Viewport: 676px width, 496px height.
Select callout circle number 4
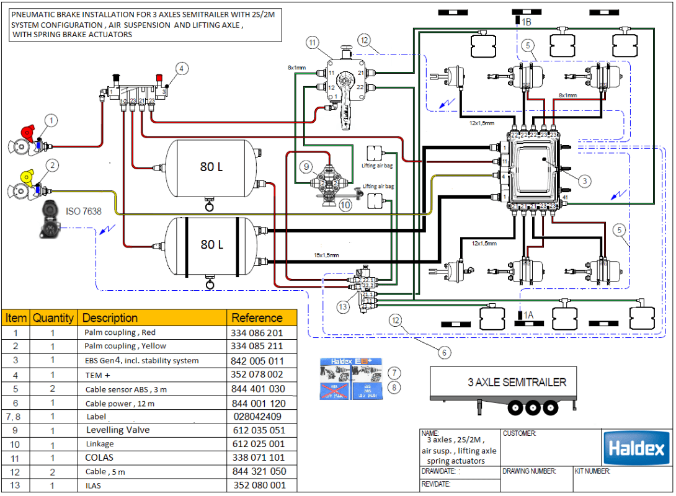[x=181, y=68]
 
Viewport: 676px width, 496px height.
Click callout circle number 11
[x=313, y=42]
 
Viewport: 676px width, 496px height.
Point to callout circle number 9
[x=305, y=166]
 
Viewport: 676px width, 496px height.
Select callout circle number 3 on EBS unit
[x=585, y=181]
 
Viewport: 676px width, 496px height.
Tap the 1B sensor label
[x=525, y=22]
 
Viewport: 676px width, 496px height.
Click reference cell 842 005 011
[x=257, y=361]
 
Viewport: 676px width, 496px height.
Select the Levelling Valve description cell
[x=118, y=430]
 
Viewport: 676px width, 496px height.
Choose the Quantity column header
[x=53, y=318]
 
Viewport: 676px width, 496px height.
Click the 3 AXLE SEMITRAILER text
[x=517, y=382]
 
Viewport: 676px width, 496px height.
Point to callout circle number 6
[x=444, y=353]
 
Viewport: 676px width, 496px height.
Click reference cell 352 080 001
[x=259, y=485]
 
